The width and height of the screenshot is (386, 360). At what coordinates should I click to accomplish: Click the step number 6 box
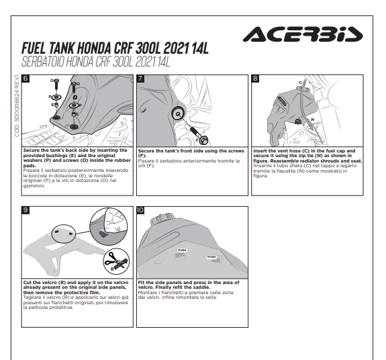(x=26, y=79)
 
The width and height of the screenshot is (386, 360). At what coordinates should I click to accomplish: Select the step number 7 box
(x=140, y=79)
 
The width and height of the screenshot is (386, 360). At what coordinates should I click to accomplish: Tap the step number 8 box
(x=255, y=79)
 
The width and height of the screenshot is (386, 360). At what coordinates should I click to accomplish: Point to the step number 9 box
(x=26, y=210)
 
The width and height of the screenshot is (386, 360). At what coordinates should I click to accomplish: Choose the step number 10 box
(x=140, y=210)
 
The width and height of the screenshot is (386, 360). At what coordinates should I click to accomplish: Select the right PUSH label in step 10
(x=211, y=257)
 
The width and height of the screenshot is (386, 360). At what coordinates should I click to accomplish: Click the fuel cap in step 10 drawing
(x=162, y=218)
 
